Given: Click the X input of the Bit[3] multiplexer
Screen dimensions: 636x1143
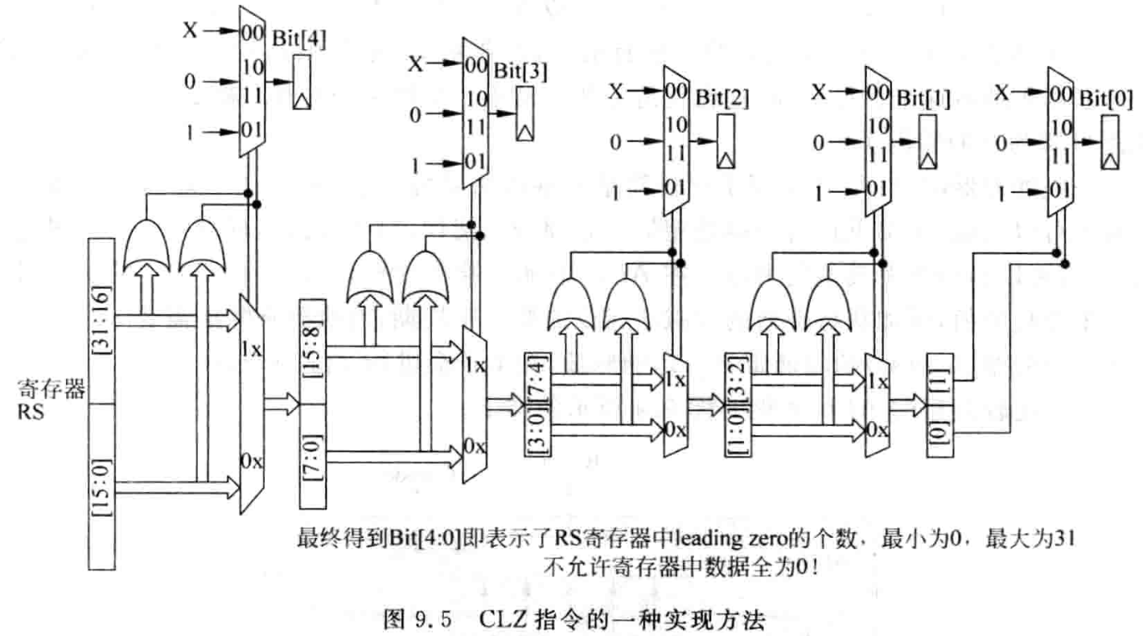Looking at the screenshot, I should pos(415,64).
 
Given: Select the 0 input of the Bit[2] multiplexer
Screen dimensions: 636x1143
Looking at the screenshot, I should pos(615,143).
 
